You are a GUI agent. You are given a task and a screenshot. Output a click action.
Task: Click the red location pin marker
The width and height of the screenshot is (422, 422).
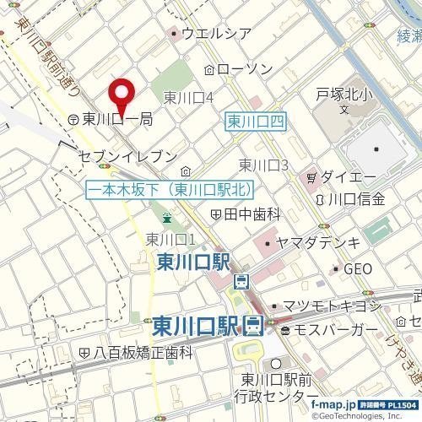(123, 95)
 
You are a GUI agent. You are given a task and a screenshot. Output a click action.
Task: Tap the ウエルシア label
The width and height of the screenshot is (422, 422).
(216, 34)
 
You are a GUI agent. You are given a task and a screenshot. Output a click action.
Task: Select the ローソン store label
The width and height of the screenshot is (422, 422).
(245, 68)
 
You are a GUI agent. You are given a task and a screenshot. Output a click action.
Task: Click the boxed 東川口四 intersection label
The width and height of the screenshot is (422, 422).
(257, 122)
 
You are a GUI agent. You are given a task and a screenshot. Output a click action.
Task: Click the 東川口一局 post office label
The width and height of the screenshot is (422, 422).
(118, 120)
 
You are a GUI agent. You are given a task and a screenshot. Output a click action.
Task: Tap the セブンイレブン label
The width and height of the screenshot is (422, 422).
(127, 156)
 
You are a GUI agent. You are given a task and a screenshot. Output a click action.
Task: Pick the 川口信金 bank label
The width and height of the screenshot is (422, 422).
(355, 200)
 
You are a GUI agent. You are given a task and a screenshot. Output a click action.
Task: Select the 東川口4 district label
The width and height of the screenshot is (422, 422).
(187, 97)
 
